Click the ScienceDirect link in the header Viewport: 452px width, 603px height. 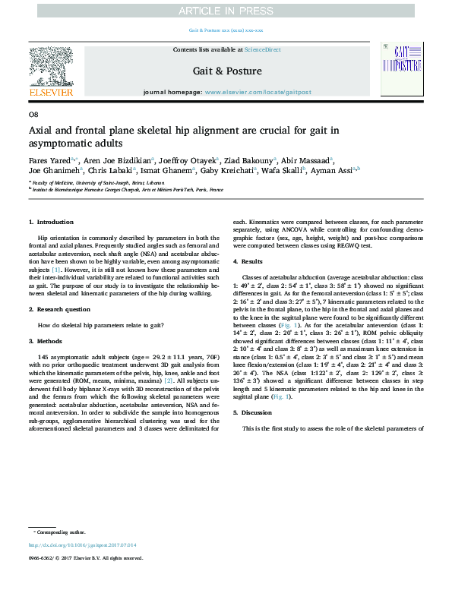click(x=263, y=49)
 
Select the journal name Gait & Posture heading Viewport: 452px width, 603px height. click(x=226, y=71)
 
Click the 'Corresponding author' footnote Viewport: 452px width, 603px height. click(x=62, y=532)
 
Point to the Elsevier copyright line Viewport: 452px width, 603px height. click(x=85, y=558)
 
